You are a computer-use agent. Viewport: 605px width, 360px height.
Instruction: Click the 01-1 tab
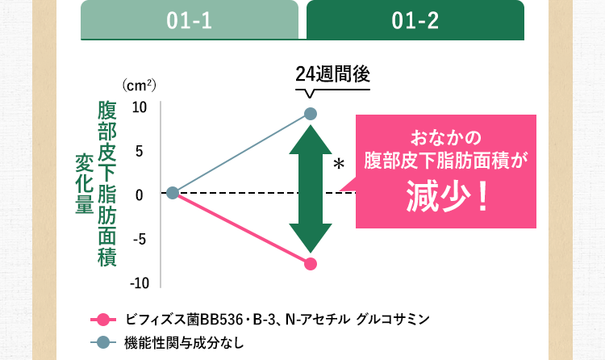(x=190, y=20)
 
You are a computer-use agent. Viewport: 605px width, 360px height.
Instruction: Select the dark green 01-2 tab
(x=415, y=20)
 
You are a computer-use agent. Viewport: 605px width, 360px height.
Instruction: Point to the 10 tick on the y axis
(x=139, y=107)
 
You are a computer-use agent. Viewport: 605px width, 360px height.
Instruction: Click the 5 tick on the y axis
(x=139, y=151)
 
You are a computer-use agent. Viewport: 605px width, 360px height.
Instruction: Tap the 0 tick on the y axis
(x=139, y=195)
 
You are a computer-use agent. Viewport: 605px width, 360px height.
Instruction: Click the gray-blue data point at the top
(x=311, y=114)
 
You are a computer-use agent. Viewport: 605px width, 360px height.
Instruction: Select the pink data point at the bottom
(x=311, y=263)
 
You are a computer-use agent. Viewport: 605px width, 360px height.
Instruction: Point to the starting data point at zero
(x=173, y=192)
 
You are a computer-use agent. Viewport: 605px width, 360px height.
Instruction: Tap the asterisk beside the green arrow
(x=339, y=165)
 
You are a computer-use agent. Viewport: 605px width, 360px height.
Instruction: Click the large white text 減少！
(x=445, y=197)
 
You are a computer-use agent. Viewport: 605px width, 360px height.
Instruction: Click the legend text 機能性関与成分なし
(x=184, y=341)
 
